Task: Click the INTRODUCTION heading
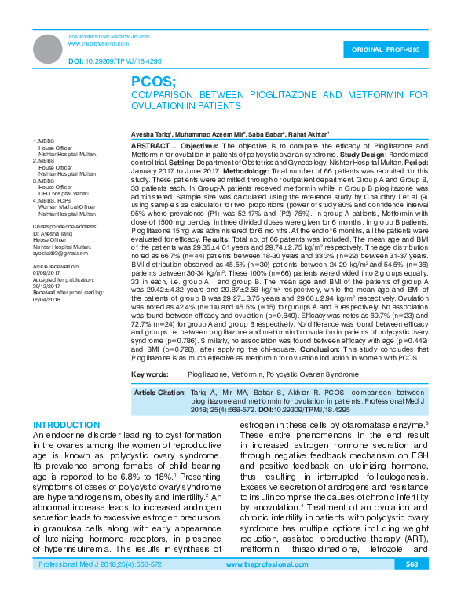tap(66, 424)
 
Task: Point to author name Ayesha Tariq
tap(154, 135)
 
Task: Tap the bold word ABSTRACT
tap(152, 147)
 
